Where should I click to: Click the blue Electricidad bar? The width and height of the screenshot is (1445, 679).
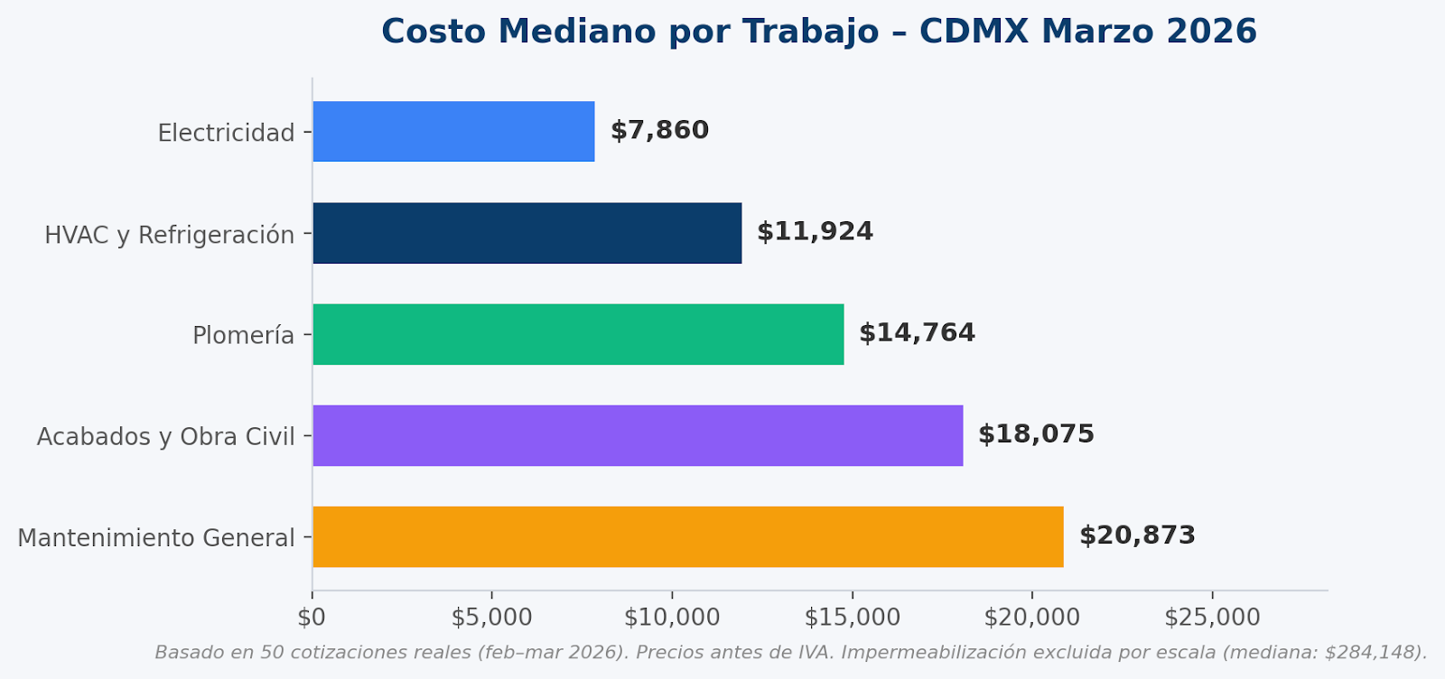coord(453,132)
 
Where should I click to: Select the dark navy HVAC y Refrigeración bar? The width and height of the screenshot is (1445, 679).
coord(527,233)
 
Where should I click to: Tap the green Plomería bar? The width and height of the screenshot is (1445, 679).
coord(578,334)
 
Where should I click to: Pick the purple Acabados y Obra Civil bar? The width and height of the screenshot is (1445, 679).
coord(638,435)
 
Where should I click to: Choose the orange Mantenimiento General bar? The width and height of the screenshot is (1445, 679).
coord(687,536)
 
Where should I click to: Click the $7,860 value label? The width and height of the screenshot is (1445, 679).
coord(660,131)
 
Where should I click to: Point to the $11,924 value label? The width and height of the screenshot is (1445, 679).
coord(815,232)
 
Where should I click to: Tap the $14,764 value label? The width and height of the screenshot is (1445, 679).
coord(917,333)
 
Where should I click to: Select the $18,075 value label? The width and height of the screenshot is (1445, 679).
coord(1036,434)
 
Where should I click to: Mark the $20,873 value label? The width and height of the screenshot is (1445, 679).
coord(1137,535)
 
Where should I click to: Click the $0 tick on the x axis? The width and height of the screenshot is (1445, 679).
coord(312,618)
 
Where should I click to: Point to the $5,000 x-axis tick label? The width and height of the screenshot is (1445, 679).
coord(491,618)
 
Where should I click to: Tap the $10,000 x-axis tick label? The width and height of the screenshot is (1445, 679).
coord(672,618)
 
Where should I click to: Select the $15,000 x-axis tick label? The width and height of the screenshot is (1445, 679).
coord(852,618)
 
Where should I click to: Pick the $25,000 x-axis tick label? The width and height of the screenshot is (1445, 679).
coord(1212,618)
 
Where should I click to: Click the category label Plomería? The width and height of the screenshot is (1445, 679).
coord(243,336)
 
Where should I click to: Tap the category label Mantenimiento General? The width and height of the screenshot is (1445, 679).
coord(156,538)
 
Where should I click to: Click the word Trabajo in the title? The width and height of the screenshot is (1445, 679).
coord(810,33)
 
